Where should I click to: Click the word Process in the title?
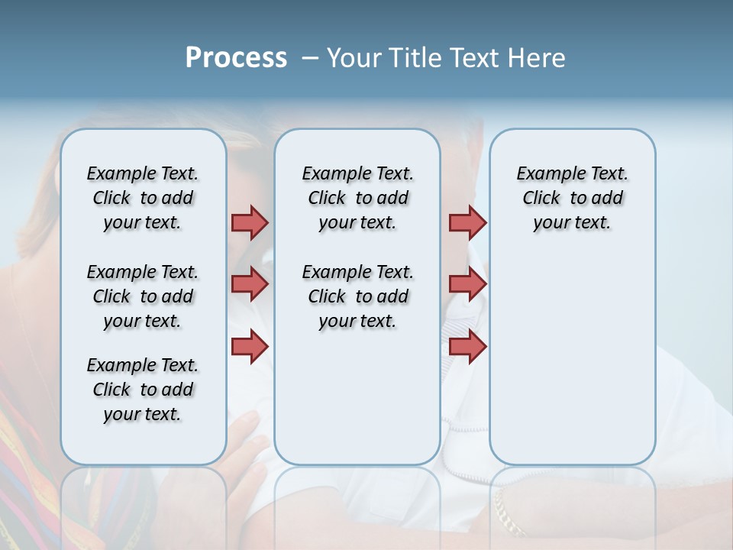(236, 58)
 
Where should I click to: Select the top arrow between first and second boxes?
(250, 222)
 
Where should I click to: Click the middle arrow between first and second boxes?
(250, 284)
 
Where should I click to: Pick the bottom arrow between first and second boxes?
(250, 347)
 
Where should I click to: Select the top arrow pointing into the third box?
(467, 222)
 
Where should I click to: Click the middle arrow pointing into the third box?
(467, 284)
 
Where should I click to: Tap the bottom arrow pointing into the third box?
(467, 347)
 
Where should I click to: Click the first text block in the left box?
(143, 198)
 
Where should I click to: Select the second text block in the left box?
(143, 296)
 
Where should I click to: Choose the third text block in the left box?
(143, 390)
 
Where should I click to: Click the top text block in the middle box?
(357, 198)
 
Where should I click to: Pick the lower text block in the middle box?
(357, 296)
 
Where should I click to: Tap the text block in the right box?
(572, 198)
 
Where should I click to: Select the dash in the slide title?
(310, 58)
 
